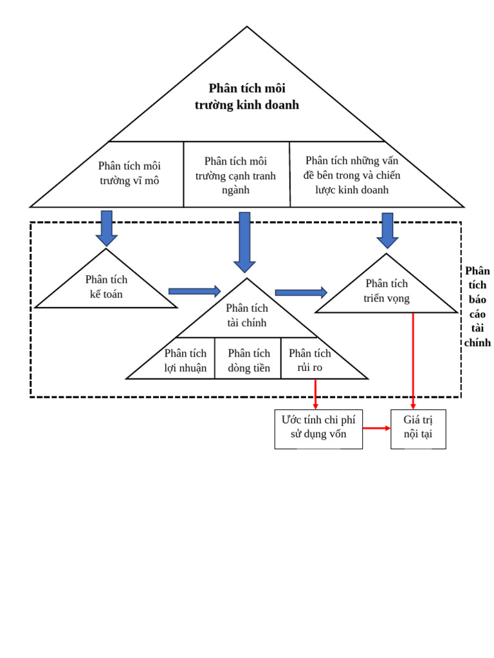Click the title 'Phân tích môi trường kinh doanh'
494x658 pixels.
247,96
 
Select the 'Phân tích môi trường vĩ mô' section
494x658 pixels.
129,173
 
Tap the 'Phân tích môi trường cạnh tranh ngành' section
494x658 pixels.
235,175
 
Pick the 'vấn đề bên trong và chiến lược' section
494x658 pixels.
352,175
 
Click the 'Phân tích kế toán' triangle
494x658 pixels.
106,287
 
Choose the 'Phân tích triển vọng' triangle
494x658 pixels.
387,290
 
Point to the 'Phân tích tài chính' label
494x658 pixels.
247,316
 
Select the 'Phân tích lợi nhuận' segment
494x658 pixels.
185,360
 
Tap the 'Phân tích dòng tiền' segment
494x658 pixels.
249,360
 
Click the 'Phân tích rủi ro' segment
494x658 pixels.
310,360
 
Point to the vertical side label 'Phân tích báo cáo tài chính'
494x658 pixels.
477,307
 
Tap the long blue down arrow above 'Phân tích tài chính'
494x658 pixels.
244,242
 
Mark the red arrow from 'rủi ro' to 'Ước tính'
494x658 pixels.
315,394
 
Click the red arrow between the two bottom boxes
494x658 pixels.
376,428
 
